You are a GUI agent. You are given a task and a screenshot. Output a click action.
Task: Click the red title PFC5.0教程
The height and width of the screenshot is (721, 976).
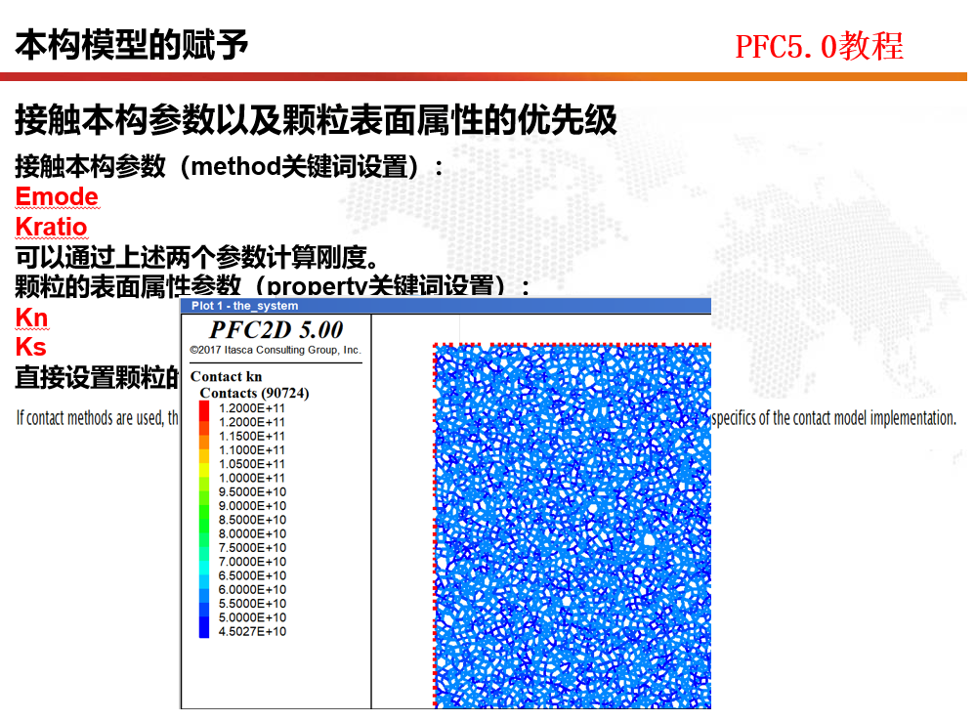(x=819, y=46)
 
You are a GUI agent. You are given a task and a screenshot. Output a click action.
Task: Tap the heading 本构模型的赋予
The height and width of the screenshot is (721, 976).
(x=131, y=45)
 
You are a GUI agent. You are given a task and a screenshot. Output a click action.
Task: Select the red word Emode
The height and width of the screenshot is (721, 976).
(x=57, y=196)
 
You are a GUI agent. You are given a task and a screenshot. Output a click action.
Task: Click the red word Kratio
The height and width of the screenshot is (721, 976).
(x=51, y=228)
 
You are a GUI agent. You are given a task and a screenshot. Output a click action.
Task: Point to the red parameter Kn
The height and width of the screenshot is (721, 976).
(x=31, y=318)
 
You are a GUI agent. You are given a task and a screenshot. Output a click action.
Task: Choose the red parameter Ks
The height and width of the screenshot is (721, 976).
(x=30, y=347)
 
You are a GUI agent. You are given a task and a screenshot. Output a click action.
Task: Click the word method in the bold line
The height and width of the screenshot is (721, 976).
(x=235, y=166)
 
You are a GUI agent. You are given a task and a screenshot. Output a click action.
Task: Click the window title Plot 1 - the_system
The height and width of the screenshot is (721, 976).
(x=232, y=306)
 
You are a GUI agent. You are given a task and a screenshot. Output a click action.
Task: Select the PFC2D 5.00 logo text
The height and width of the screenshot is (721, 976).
(x=276, y=329)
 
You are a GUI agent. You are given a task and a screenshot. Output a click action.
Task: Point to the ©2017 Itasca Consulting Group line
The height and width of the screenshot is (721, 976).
(x=276, y=350)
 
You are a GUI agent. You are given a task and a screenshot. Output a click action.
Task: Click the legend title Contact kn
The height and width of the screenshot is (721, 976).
(x=226, y=376)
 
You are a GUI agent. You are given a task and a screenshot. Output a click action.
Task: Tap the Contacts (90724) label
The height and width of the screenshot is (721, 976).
(x=254, y=393)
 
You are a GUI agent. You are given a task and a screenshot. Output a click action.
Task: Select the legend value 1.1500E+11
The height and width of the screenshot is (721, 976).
(x=252, y=436)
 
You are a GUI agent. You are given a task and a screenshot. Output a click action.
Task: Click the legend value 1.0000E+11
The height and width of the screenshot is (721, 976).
(x=252, y=478)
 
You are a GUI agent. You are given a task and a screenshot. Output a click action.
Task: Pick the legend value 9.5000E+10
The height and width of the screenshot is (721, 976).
(x=252, y=491)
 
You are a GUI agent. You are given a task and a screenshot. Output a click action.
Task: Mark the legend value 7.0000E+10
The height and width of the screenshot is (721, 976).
(x=252, y=562)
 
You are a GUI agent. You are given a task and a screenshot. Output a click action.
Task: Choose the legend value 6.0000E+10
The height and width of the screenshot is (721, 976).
(x=252, y=590)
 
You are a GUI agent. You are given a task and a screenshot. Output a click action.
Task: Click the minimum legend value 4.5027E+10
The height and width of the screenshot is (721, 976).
(x=252, y=632)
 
